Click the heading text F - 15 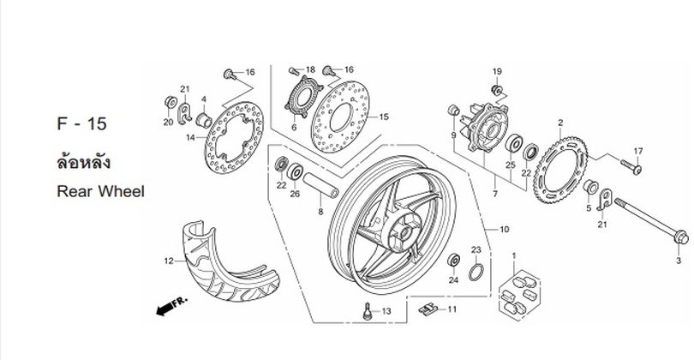click(x=82, y=123)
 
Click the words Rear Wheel click(x=100, y=191)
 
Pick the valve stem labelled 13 click(x=367, y=310)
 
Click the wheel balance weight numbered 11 click(x=428, y=309)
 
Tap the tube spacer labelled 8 click(x=321, y=185)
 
